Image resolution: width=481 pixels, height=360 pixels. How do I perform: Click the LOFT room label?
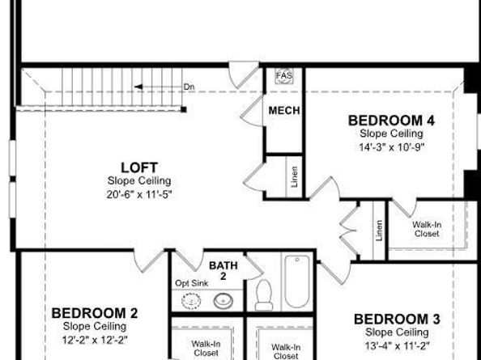tap(139, 167)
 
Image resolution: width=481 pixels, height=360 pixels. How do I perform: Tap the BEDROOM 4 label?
tap(391, 121)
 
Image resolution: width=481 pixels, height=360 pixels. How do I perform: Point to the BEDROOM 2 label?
tap(95, 313)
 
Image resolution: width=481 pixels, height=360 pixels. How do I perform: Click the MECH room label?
tap(284, 111)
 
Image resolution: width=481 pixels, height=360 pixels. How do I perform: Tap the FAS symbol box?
tap(283, 75)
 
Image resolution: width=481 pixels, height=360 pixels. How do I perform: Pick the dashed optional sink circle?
tap(191, 300)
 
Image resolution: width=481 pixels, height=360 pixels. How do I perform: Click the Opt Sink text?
tap(191, 283)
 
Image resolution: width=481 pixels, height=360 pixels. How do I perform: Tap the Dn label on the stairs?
tap(188, 86)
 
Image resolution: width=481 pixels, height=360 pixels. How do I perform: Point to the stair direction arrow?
tap(154, 86)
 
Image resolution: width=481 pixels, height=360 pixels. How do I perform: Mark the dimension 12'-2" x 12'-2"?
tap(95, 338)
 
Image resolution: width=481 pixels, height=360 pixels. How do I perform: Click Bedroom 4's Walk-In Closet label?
tap(426, 229)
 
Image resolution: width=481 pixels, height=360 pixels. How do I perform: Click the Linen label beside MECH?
tap(294, 178)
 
